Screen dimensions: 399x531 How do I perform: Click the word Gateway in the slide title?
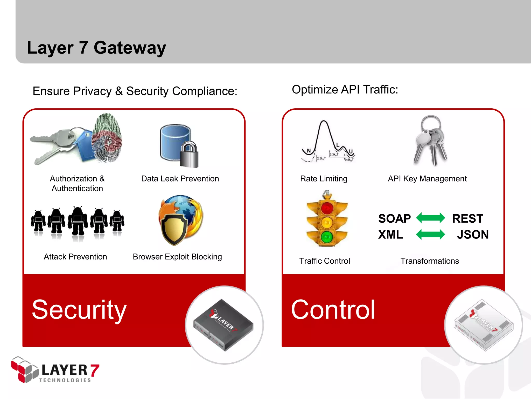coord(130,48)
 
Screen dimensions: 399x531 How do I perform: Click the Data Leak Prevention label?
coord(180,179)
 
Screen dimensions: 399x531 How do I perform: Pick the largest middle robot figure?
coord(78,221)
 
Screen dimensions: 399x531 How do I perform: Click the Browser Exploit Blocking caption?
coord(177,257)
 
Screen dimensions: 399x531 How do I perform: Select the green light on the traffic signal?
coord(327,237)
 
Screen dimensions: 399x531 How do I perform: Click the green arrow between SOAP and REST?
coord(430,218)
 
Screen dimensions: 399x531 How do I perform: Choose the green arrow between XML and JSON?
coord(430,234)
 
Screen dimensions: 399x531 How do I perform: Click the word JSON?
coord(473,235)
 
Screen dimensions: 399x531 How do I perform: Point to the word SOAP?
coord(394,218)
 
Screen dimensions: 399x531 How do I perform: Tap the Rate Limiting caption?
coord(324,179)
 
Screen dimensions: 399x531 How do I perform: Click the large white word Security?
coord(79,310)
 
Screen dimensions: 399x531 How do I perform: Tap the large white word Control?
coord(333,310)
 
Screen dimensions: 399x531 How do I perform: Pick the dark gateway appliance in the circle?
coord(223,325)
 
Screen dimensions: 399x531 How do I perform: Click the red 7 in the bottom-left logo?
coord(95,370)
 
